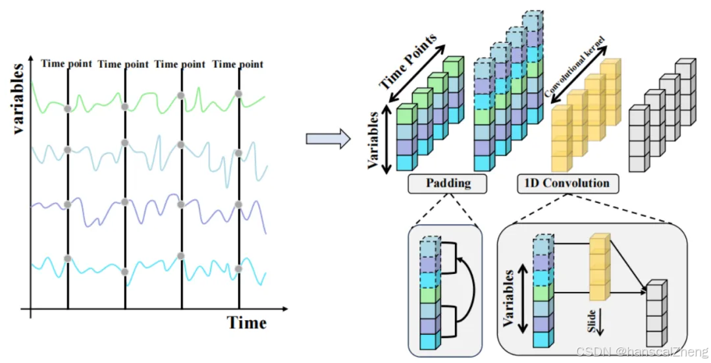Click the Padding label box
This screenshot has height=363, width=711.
click(448, 183)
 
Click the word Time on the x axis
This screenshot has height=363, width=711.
click(247, 323)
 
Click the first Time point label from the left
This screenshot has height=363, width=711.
click(66, 64)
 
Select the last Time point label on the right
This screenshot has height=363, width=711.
click(238, 64)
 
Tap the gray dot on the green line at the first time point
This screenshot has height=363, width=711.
click(67, 107)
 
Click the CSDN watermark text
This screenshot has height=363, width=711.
click(641, 352)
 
